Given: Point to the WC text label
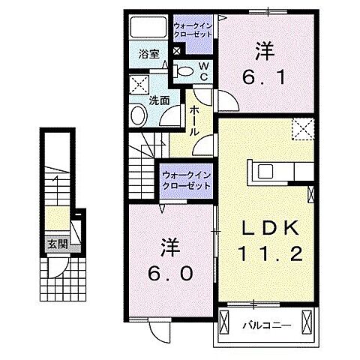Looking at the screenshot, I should point(203,70).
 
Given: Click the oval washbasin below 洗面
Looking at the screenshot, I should point(139,115).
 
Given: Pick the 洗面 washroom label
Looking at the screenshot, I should point(157,98).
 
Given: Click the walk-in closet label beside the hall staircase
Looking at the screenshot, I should point(185,180).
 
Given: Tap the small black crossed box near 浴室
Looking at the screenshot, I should point(177,51).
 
